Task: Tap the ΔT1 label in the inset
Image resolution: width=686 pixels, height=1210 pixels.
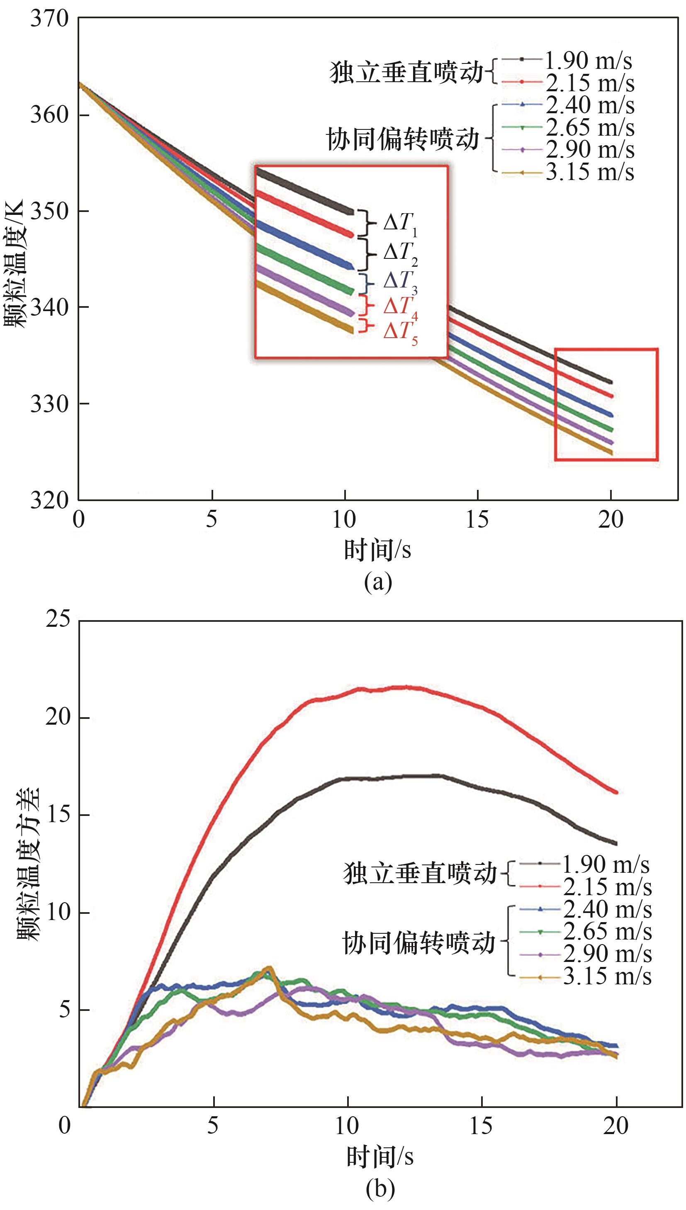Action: (400, 223)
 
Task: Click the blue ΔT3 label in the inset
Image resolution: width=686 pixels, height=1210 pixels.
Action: (400, 282)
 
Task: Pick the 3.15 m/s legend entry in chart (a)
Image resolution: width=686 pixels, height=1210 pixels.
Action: (589, 173)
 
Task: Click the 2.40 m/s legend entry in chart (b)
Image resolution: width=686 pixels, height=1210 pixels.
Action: (607, 909)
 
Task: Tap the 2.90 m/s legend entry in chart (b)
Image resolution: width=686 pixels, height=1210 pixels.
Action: (607, 954)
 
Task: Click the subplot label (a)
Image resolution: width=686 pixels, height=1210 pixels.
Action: (378, 582)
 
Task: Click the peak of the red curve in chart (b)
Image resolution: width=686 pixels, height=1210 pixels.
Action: (405, 687)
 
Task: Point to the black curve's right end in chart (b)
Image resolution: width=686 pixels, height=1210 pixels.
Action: (615, 843)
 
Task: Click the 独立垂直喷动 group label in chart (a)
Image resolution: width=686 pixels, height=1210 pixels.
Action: (406, 73)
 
